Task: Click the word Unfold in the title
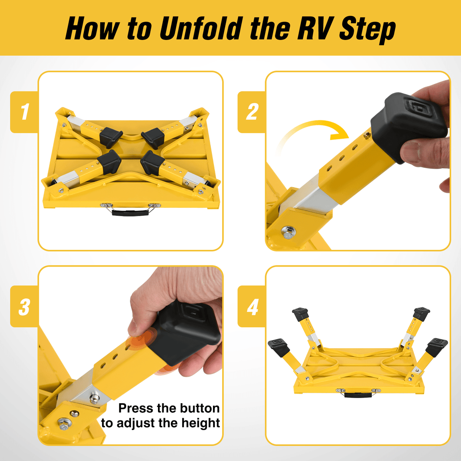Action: tap(201, 28)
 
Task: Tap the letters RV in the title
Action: tap(315, 28)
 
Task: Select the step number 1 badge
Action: tap(25, 112)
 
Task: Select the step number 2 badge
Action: tap(252, 112)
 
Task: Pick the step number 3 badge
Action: tap(25, 306)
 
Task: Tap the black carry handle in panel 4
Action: tap(358, 395)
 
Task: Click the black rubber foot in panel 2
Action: tap(408, 122)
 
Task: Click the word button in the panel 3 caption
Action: tap(199, 408)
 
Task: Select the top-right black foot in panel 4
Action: tap(421, 313)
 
